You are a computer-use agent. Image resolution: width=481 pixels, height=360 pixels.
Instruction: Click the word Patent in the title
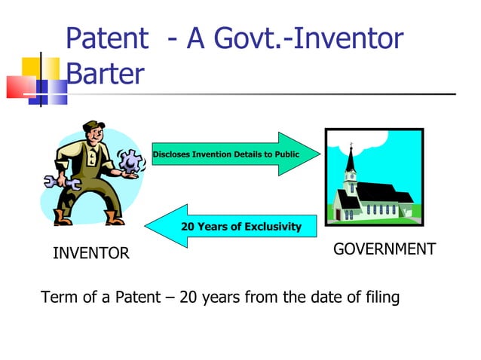coord(106,38)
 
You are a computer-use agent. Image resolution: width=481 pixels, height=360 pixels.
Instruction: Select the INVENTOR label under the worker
coord(90,254)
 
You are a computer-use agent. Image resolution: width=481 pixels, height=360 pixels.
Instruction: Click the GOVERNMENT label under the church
coord(384,249)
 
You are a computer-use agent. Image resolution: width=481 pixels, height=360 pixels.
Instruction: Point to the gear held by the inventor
coord(130,160)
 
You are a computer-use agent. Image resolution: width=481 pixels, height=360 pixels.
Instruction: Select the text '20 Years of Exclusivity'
coord(240,226)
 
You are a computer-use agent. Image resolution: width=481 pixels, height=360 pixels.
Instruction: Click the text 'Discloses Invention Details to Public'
coord(226,154)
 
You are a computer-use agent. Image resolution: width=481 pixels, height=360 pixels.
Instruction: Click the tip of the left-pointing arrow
coord(146,226)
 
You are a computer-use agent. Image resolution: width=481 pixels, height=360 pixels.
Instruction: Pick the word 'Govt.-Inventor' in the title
coord(312,38)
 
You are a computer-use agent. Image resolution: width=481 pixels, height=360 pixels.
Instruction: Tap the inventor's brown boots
coord(87,218)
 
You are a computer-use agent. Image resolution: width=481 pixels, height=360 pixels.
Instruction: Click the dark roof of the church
coord(384,194)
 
